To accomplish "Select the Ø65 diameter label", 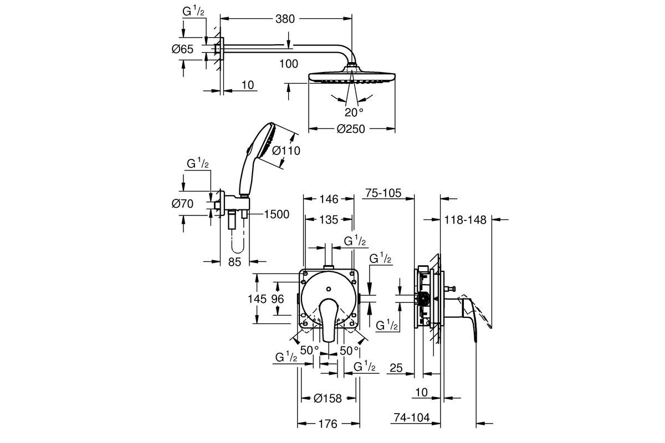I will pos(182,49).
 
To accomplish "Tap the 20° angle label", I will pos(354,112).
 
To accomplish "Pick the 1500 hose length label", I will pos(277,215).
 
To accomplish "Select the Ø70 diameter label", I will pos(182,204).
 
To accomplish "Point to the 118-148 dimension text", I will pos(465,220).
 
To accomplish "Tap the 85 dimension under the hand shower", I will pos(234,262).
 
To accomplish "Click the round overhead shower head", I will pos(351,78).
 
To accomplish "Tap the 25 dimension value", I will pos(395,367).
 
